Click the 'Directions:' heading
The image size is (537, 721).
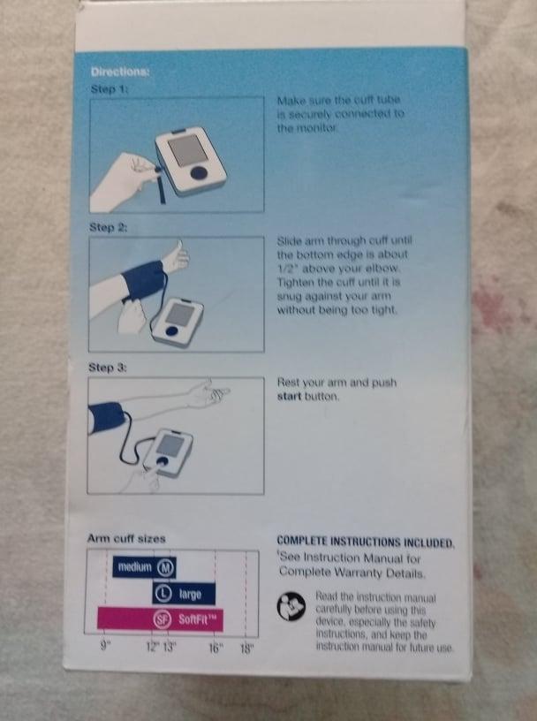click(120, 72)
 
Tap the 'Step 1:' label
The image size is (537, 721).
click(109, 88)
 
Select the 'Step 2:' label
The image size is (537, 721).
click(108, 227)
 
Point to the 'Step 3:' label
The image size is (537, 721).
click(108, 368)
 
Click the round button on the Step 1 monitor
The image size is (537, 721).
click(199, 172)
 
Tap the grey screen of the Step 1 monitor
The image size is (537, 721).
click(185, 150)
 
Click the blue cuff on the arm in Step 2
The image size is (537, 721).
click(143, 280)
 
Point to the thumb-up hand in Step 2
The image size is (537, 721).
click(174, 256)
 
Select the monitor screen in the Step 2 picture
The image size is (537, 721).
click(181, 314)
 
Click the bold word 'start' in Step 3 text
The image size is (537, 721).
click(289, 397)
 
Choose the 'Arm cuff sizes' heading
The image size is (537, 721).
click(126, 538)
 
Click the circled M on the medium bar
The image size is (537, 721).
click(166, 568)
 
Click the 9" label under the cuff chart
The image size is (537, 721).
click(106, 646)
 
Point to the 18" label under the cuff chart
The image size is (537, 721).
click(246, 649)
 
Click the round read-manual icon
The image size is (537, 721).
click(291, 606)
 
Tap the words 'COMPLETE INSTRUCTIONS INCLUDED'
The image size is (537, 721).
click(365, 543)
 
